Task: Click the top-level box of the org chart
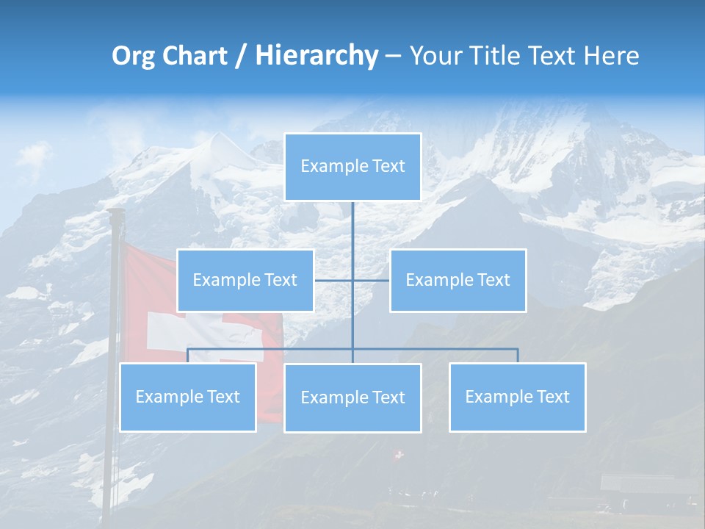[352, 167]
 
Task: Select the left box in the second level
[245, 280]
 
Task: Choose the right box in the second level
[458, 280]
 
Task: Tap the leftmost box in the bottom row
[188, 397]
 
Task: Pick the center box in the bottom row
[352, 397]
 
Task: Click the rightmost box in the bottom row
[517, 397]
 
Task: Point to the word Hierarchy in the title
[317, 56]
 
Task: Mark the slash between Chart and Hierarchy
[241, 57]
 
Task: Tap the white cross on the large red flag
[168, 331]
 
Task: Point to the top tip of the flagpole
[115, 212]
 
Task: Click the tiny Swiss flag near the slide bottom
[399, 456]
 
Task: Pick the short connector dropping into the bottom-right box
[518, 356]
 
